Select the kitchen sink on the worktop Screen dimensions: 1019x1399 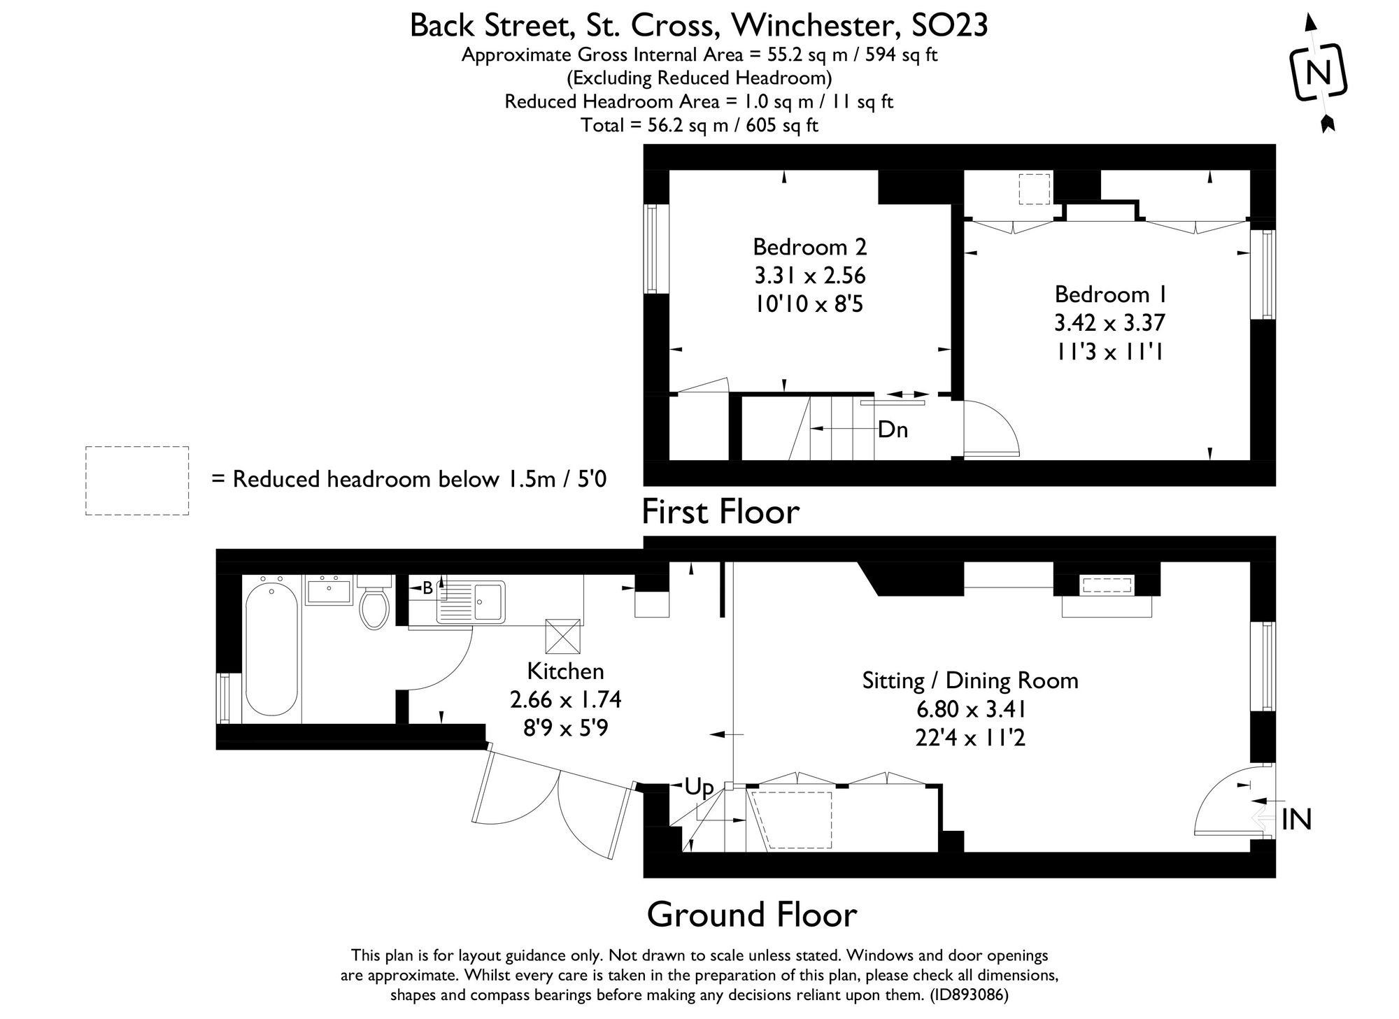pyautogui.click(x=488, y=601)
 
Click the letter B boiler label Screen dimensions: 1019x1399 pyautogui.click(x=427, y=589)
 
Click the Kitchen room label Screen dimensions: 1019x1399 pyautogui.click(x=565, y=671)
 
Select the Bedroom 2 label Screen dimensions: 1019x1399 pyautogui.click(x=809, y=247)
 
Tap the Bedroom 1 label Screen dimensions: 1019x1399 pyautogui.click(x=1110, y=294)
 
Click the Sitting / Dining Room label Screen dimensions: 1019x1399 pyautogui.click(x=970, y=680)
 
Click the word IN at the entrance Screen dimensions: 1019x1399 pyautogui.click(x=1296, y=819)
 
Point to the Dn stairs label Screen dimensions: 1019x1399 pyautogui.click(x=893, y=429)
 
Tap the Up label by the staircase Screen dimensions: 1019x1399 pyautogui.click(x=699, y=788)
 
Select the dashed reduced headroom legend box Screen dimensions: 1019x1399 pyautogui.click(x=137, y=481)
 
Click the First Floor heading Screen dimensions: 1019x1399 pyautogui.click(x=720, y=511)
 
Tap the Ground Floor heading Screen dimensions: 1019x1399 pyautogui.click(x=751, y=914)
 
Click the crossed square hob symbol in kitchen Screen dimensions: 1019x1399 pyautogui.click(x=563, y=636)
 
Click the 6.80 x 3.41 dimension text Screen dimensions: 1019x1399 pyautogui.click(x=971, y=710)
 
